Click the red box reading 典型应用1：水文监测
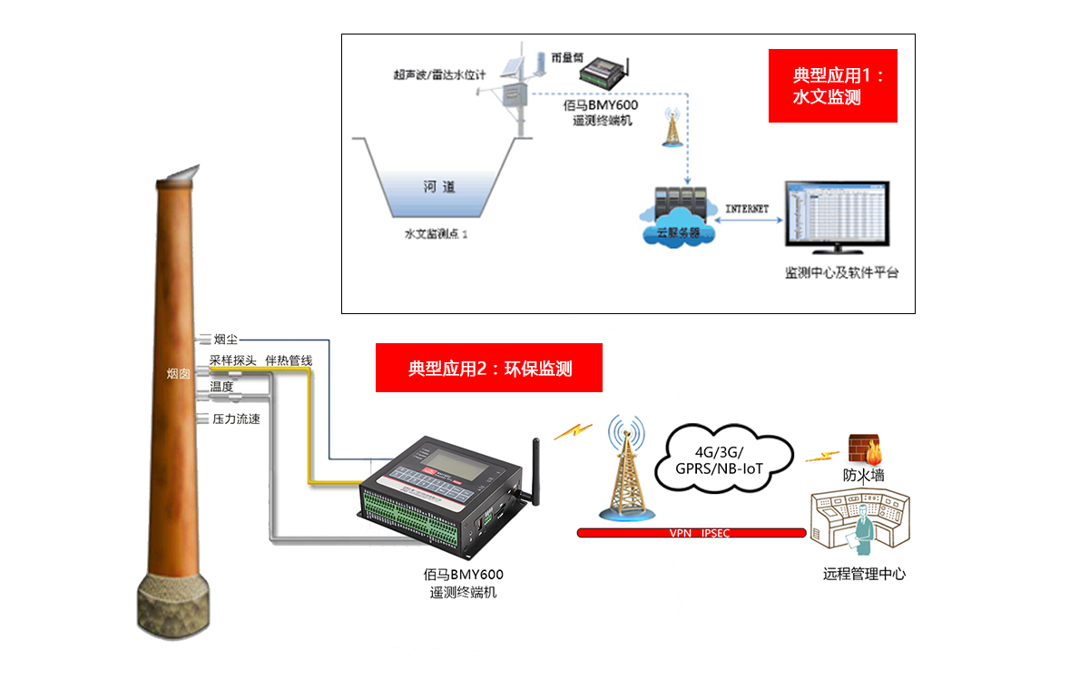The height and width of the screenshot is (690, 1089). click(832, 85)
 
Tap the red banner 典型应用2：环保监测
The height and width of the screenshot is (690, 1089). click(489, 368)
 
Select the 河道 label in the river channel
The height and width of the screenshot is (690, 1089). click(438, 187)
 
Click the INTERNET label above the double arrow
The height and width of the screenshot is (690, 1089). click(747, 209)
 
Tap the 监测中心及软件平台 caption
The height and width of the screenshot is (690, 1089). click(841, 272)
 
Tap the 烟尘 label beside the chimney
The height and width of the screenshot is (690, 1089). click(225, 340)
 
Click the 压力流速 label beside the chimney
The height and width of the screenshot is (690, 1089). click(236, 419)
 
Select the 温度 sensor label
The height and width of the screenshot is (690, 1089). click(221, 387)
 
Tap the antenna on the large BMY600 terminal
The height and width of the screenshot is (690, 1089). click(535, 468)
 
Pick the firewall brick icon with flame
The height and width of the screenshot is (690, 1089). click(864, 449)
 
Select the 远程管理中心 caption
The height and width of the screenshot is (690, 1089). click(864, 574)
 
